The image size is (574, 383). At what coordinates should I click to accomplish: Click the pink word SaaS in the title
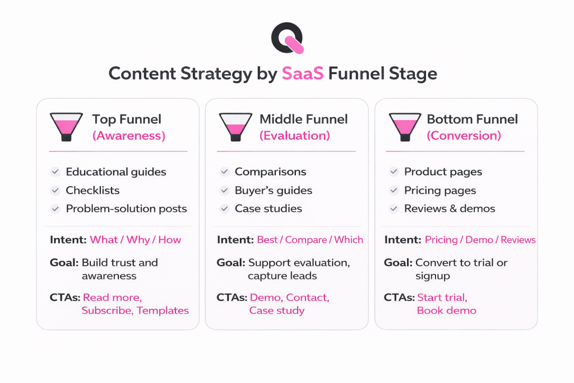[x=303, y=73]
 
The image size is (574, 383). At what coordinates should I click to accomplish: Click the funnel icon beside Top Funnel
[x=66, y=127]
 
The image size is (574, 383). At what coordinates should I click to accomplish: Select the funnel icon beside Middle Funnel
[x=235, y=127]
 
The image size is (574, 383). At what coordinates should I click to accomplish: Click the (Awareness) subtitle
[x=128, y=136]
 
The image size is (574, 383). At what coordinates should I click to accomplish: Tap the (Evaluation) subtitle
[x=294, y=136]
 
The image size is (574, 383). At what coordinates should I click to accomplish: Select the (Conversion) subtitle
[x=464, y=136]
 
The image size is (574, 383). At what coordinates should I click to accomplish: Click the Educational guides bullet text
[x=116, y=172]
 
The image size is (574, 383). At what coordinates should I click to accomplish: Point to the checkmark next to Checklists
[x=55, y=191]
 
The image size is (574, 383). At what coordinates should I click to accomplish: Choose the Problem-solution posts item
[x=126, y=209]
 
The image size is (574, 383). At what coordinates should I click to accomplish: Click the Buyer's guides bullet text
[x=274, y=191]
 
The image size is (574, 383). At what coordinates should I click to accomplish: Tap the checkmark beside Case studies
[x=224, y=209]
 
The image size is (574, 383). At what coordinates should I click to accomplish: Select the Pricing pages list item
[x=440, y=191]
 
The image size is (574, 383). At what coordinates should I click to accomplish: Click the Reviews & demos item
[x=450, y=209]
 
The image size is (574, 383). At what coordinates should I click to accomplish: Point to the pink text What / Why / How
[x=135, y=240]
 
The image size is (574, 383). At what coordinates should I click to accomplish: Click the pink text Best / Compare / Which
[x=310, y=240]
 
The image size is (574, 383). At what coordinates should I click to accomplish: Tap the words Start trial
[x=442, y=297]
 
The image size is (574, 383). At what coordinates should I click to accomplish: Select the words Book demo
[x=446, y=310]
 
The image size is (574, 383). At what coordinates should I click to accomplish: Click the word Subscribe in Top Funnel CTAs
[x=107, y=310]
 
